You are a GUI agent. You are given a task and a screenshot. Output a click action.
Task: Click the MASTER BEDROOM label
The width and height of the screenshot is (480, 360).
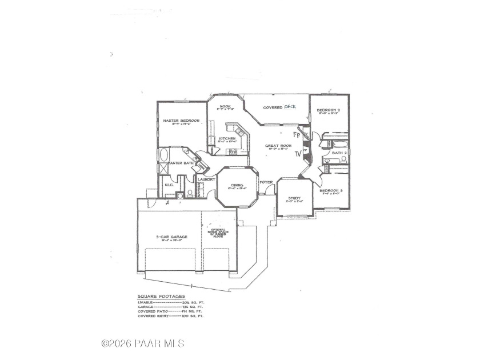pyautogui.click(x=181, y=121)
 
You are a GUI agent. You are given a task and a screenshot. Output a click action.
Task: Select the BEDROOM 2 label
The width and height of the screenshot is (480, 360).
pyautogui.click(x=329, y=110)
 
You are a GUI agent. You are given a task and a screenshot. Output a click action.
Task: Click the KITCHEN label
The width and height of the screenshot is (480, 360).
pyautogui.click(x=227, y=138)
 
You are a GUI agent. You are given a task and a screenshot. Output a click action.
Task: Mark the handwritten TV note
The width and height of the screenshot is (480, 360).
pyautogui.click(x=297, y=154)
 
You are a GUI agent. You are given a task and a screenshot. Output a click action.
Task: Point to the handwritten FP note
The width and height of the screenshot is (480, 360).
pyautogui.click(x=296, y=135)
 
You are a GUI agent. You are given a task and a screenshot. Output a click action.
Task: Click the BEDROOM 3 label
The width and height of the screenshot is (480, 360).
pyautogui.click(x=330, y=190)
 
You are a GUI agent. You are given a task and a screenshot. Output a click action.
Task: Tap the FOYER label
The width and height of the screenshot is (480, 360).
pyautogui.click(x=266, y=182)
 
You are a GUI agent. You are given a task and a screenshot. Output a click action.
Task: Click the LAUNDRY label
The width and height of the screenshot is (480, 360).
pyautogui.click(x=206, y=179)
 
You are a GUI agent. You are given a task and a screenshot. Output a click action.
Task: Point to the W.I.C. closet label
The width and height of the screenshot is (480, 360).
pyautogui.click(x=169, y=185)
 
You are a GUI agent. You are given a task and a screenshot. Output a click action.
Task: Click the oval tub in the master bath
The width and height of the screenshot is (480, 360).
pyautogui.click(x=163, y=155)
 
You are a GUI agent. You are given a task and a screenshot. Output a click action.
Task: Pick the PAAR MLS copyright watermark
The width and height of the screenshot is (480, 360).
pyautogui.click(x=142, y=343)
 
